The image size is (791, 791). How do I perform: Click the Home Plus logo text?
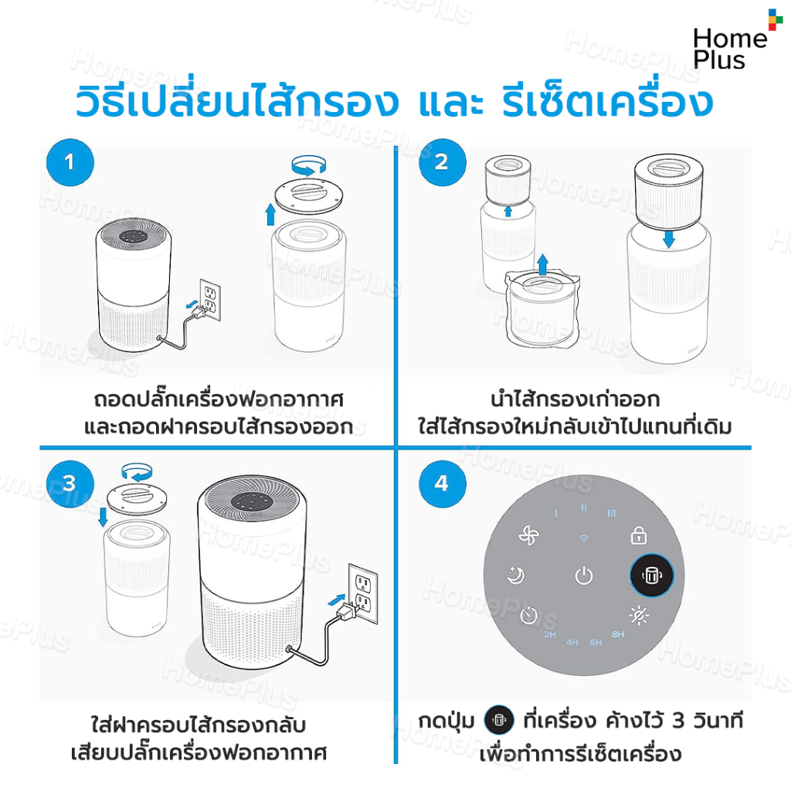coord(729,49)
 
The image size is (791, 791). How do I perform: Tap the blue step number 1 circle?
coord(70,162)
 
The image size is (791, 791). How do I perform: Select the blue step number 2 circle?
coord(442,162)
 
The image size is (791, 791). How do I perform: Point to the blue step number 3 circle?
coord(70,484)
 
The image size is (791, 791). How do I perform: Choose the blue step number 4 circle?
coord(442,484)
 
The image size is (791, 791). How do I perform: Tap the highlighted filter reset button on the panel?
coord(651,575)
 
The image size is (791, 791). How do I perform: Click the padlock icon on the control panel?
coord(639,535)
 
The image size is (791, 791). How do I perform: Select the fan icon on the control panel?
coord(528,535)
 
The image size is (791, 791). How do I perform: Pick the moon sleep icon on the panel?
coord(515,575)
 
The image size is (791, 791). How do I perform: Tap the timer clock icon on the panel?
coord(528,615)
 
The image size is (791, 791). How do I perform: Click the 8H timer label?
coord(618,634)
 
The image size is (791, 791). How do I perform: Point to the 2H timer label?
coord(550,634)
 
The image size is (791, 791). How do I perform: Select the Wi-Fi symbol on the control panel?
coord(584,538)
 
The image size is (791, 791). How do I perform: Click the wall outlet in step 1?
coord(210,300)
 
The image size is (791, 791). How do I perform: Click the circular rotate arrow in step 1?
coord(309,165)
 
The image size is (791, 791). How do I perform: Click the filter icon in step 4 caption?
coord(499,720)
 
